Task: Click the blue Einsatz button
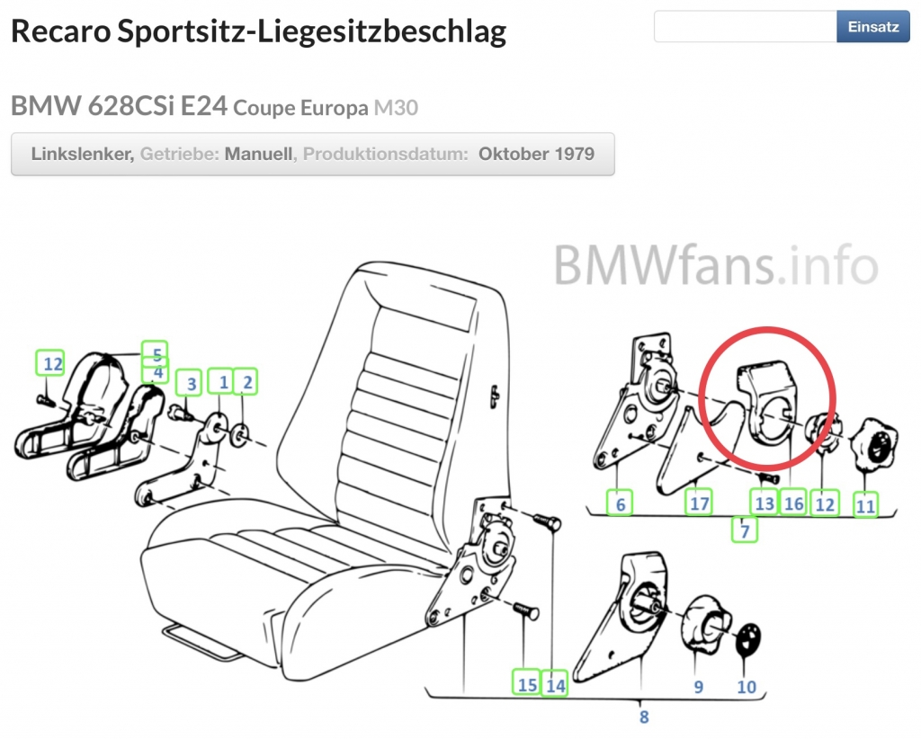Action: [x=872, y=26]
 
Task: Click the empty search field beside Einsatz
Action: [x=746, y=26]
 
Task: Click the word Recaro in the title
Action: [x=61, y=31]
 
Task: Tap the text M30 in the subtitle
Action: [x=396, y=107]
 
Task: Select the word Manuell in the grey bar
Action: [x=258, y=154]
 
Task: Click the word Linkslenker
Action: [x=82, y=154]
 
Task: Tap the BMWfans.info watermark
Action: [x=715, y=265]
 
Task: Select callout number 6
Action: [x=620, y=503]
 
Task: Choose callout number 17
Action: [x=699, y=503]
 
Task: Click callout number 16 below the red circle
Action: [x=793, y=503]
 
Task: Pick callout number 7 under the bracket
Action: [x=745, y=530]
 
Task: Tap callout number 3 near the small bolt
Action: [x=191, y=383]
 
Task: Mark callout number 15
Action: [x=527, y=683]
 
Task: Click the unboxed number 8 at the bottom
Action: [x=644, y=717]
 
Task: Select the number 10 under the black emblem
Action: [x=746, y=686]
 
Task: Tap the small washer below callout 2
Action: [x=239, y=434]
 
